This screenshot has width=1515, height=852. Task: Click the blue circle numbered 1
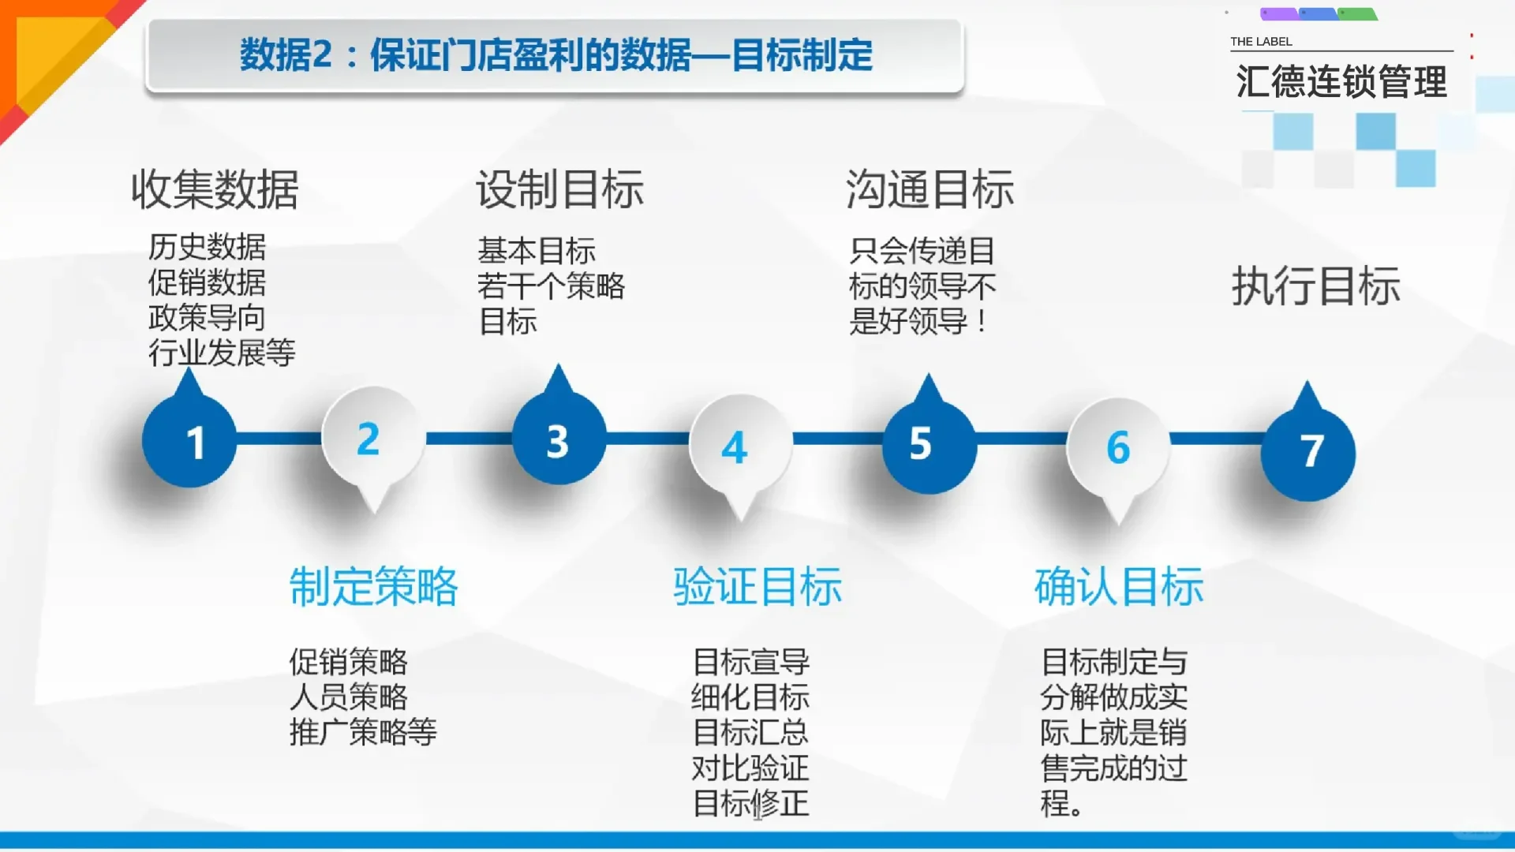pyautogui.click(x=189, y=442)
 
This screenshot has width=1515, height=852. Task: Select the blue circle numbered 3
pyautogui.click(x=559, y=440)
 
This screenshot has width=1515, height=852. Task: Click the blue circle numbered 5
pyautogui.click(x=929, y=445)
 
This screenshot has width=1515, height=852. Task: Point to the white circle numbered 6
pyautogui.click(x=1117, y=447)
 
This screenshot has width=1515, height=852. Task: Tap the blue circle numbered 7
pyautogui.click(x=1307, y=452)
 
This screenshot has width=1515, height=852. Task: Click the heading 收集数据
pyautogui.click(x=215, y=189)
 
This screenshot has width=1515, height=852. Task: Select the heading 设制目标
pyautogui.click(x=559, y=189)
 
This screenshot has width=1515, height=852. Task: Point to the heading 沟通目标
pyautogui.click(x=930, y=189)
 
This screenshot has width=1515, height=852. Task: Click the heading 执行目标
pyautogui.click(x=1315, y=286)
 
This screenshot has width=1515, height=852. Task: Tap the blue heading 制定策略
pyautogui.click(x=374, y=586)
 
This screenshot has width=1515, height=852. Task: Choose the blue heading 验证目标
pyautogui.click(x=757, y=586)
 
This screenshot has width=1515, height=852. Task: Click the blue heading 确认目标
pyautogui.click(x=1119, y=586)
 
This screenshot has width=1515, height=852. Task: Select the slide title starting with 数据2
pyautogui.click(x=555, y=55)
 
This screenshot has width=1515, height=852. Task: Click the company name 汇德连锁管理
pyautogui.click(x=1341, y=82)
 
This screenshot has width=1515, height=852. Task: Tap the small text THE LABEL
pyautogui.click(x=1261, y=42)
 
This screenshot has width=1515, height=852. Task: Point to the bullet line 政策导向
pyautogui.click(x=207, y=318)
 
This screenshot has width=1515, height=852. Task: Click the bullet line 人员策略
pyautogui.click(x=348, y=697)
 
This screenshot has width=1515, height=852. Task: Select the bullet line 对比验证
pyautogui.click(x=750, y=768)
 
